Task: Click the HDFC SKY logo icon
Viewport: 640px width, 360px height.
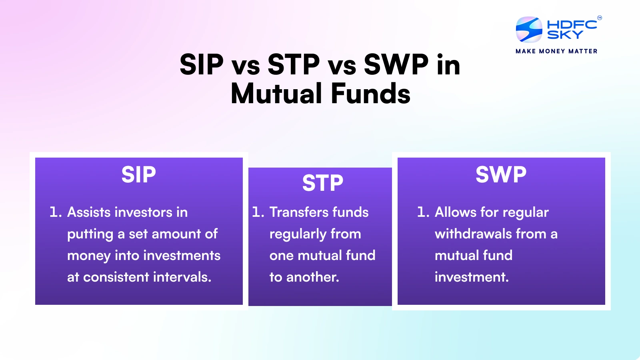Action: click(529, 30)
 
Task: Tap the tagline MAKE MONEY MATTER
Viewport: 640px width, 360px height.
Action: click(556, 52)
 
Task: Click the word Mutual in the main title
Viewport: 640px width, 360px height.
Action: click(276, 94)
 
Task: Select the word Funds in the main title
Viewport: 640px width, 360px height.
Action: click(370, 94)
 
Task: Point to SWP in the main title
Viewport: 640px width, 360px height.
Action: click(396, 64)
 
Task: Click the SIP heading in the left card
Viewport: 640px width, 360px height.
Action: click(138, 174)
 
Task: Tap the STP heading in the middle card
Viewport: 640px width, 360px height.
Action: click(322, 183)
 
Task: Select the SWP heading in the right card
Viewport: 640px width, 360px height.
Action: click(501, 174)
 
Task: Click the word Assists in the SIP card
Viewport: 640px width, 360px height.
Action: click(89, 212)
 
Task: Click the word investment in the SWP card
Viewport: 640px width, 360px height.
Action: click(472, 277)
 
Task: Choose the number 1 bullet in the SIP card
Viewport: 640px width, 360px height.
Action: click(56, 212)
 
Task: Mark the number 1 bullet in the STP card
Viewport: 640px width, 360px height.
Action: click(258, 212)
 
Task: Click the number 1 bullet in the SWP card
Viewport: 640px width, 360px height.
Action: click(423, 212)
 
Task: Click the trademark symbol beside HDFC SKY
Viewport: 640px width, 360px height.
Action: click(600, 18)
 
